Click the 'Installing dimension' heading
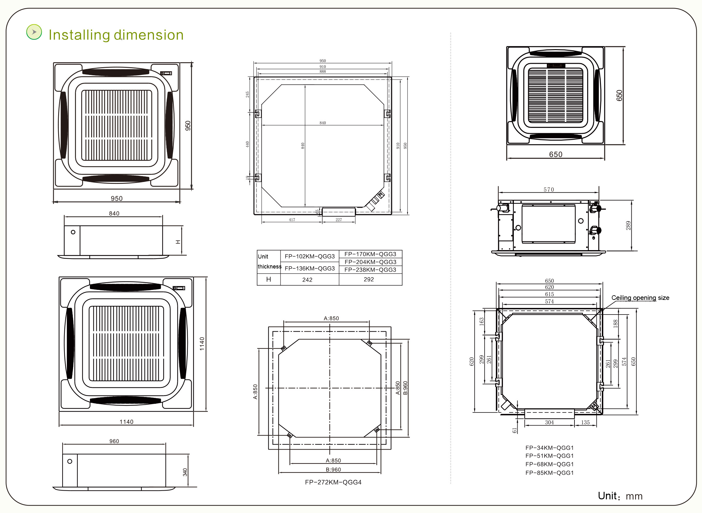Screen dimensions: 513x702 pyautogui.click(x=116, y=35)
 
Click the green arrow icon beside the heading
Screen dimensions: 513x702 pyautogui.click(x=34, y=32)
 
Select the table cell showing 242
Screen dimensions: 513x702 pyautogui.click(x=307, y=280)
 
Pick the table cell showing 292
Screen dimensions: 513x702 pyautogui.click(x=369, y=279)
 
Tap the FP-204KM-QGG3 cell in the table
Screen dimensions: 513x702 pyautogui.click(x=370, y=262)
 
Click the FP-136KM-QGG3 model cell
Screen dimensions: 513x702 pyautogui.click(x=309, y=268)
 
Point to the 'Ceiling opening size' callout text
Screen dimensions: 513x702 pyautogui.click(x=640, y=298)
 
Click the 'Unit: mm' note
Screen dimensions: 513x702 pyautogui.click(x=620, y=496)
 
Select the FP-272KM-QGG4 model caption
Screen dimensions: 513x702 pyautogui.click(x=333, y=482)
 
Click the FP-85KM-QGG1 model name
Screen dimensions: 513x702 pyautogui.click(x=549, y=473)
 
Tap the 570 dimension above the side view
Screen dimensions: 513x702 pyautogui.click(x=549, y=189)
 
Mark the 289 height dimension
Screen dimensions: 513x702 pyautogui.click(x=628, y=225)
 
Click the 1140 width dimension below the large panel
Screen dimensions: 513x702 pyautogui.click(x=126, y=422)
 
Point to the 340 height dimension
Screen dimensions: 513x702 pyautogui.click(x=185, y=472)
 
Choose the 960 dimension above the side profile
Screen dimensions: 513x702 pyautogui.click(x=114, y=441)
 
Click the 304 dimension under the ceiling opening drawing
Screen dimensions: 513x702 pyautogui.click(x=549, y=422)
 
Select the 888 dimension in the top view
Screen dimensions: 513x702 pyautogui.click(x=323, y=72)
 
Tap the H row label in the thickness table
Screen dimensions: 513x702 pyautogui.click(x=268, y=279)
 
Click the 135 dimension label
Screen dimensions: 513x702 pyautogui.click(x=585, y=422)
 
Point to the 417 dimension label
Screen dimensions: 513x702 pyautogui.click(x=292, y=220)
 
